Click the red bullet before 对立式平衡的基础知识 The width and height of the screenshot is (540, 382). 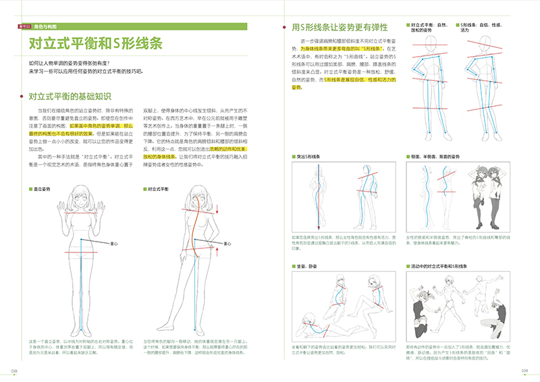(x=22, y=98)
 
